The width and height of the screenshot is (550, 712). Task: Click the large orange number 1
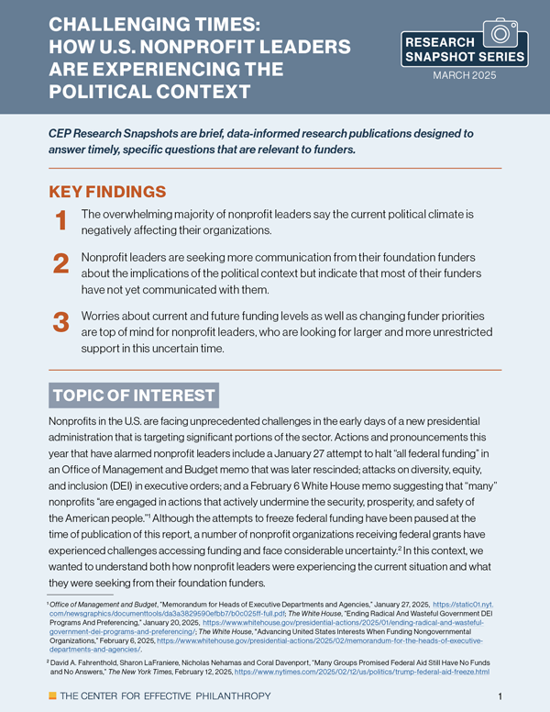(x=60, y=220)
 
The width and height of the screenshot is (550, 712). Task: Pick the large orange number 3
(x=60, y=322)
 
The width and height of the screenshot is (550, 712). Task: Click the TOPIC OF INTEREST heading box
(x=133, y=395)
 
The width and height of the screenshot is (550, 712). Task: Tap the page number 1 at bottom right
(x=499, y=695)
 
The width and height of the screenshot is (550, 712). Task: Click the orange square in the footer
(x=51, y=695)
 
